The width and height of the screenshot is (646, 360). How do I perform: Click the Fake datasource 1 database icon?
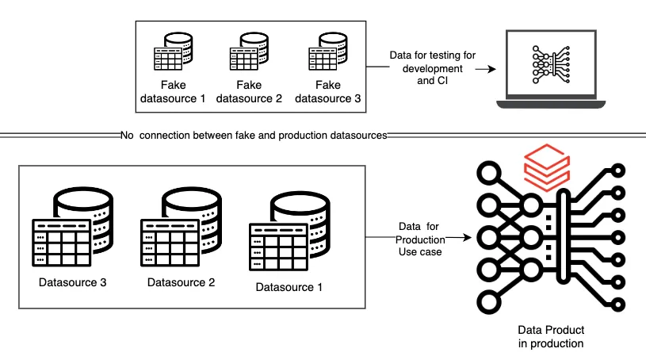(x=173, y=52)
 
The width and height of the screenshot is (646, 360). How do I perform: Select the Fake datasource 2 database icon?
(x=249, y=52)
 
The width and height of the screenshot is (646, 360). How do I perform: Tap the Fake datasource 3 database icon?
(x=328, y=52)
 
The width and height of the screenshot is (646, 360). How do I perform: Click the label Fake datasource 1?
(x=173, y=91)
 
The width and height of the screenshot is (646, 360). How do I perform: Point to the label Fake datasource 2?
(x=249, y=91)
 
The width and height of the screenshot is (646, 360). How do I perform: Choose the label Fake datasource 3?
(x=328, y=91)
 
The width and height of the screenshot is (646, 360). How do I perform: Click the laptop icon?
(x=551, y=69)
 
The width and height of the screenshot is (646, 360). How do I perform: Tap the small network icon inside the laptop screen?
(x=551, y=65)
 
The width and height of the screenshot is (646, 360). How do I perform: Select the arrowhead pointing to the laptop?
(x=491, y=69)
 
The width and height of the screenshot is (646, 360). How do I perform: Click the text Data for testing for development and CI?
(x=433, y=68)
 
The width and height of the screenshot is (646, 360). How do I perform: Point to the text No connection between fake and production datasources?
(x=254, y=136)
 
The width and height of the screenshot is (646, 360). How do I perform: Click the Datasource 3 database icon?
(x=72, y=227)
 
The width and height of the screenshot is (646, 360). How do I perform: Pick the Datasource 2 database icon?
(x=182, y=227)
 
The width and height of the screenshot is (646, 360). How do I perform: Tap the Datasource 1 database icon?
(x=289, y=231)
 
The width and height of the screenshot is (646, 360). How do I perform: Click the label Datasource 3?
(x=72, y=282)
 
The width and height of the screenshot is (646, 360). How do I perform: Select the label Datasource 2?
(x=182, y=282)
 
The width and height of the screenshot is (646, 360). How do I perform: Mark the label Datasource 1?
(x=289, y=287)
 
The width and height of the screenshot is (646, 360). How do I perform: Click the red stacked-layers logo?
(x=547, y=167)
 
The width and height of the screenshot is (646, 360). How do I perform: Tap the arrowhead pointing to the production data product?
(x=467, y=238)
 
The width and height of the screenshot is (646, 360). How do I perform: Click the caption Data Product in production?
(x=551, y=336)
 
